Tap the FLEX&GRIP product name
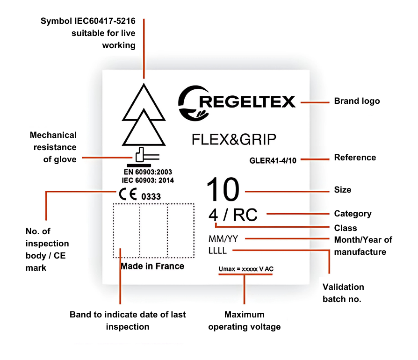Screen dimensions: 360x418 pyautogui.click(x=234, y=139)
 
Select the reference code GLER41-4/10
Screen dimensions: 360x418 pyautogui.click(x=273, y=161)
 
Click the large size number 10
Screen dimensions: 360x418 pyautogui.click(x=223, y=190)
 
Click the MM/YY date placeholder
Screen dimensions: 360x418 pyautogui.click(x=223, y=239)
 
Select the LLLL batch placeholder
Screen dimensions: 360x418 pyautogui.click(x=217, y=251)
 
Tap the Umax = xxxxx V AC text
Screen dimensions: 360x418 pyautogui.click(x=246, y=270)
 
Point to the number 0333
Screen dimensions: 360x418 pyautogui.click(x=151, y=197)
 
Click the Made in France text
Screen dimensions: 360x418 pyautogui.click(x=152, y=266)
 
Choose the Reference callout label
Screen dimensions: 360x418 pyautogui.click(x=355, y=158)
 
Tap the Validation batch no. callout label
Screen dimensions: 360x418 pyautogui.click(x=343, y=293)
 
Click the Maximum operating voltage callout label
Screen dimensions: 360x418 pyautogui.click(x=244, y=321)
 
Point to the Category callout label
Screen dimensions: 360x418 pyautogui.click(x=353, y=214)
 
